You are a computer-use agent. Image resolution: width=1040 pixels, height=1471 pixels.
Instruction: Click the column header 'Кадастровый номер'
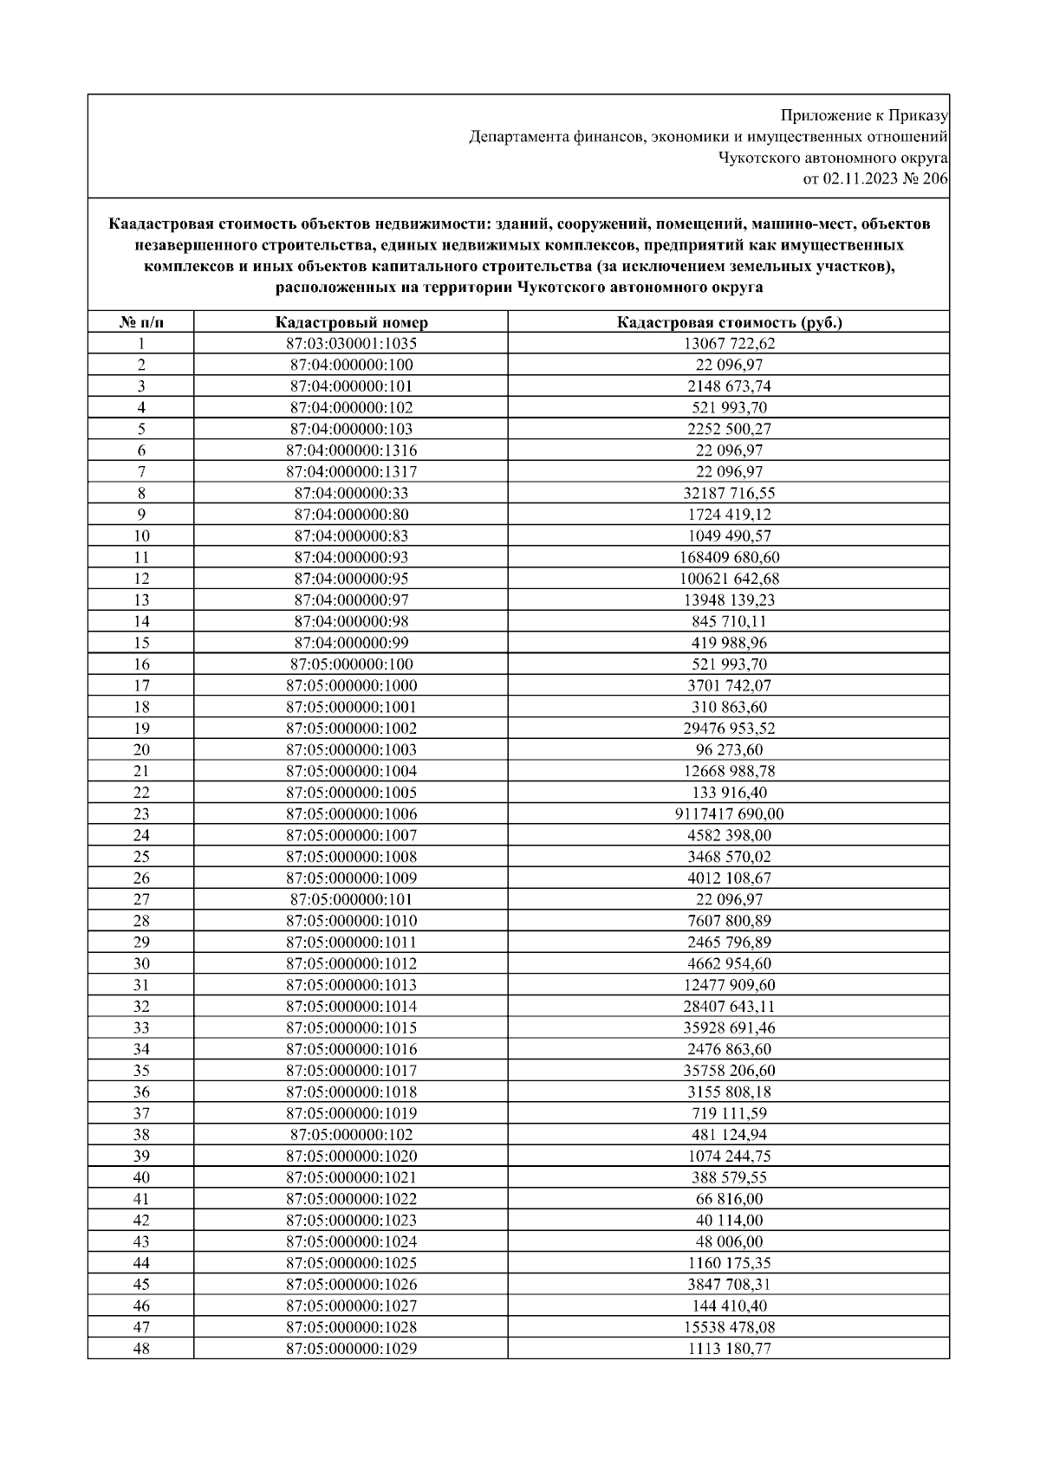tap(351, 322)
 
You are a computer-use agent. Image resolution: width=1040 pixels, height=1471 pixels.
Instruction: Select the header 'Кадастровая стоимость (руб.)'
tap(729, 322)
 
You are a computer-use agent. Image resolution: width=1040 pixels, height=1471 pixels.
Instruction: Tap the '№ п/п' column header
tap(140, 322)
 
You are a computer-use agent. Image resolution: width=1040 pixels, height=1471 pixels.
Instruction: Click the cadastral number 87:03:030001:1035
tap(351, 343)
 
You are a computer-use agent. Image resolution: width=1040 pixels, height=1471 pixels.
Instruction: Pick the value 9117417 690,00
tap(729, 813)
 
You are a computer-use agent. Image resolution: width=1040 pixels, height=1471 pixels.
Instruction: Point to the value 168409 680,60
tap(729, 557)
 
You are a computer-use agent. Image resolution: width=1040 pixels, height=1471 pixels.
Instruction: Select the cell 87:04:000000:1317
tap(351, 471)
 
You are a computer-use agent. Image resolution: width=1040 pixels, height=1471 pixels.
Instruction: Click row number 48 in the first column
tap(140, 1348)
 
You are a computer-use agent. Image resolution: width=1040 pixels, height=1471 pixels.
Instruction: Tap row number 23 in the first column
tap(140, 813)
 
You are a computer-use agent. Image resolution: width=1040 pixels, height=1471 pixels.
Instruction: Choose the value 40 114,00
tap(729, 1220)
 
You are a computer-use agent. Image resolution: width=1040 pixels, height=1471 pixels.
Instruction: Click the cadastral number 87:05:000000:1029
tap(351, 1348)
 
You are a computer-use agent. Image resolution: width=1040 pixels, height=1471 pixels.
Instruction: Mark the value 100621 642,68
tap(729, 579)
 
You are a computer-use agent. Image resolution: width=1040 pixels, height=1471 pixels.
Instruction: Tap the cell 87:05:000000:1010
tap(351, 920)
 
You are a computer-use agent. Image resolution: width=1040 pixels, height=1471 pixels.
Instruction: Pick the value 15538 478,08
tap(729, 1326)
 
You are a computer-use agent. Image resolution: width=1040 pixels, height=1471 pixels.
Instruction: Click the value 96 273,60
tap(729, 749)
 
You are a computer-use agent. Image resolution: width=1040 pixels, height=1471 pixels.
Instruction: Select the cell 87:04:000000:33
tap(351, 493)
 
